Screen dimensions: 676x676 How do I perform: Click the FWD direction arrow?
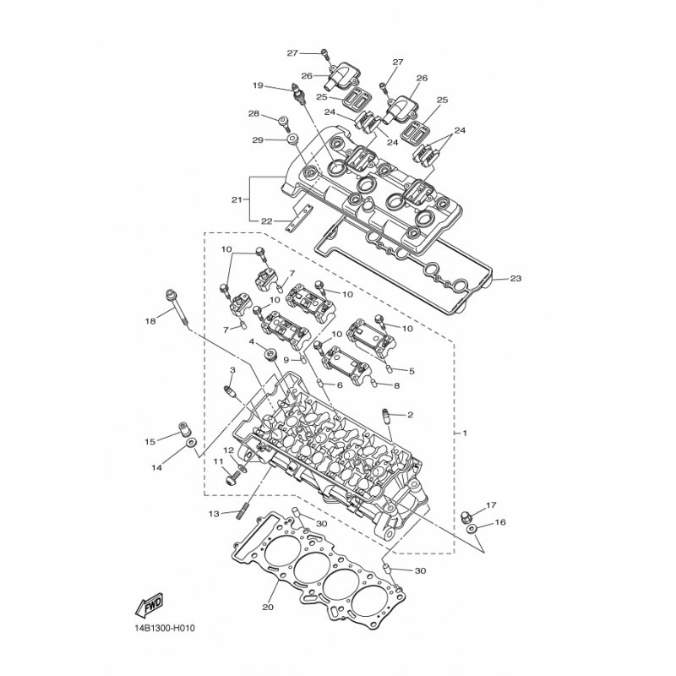148,605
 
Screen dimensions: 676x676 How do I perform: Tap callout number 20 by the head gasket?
268,606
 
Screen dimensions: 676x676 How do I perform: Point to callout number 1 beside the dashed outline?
463,433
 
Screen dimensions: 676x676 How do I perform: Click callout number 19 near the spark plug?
258,85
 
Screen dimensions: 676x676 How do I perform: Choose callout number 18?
150,321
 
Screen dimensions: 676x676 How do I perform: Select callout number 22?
267,221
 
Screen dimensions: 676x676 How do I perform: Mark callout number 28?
253,114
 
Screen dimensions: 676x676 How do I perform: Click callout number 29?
257,139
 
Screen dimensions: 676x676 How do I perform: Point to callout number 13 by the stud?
214,513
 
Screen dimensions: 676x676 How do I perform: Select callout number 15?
150,441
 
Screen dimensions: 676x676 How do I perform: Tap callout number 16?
499,523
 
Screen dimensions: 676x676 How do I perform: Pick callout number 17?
492,506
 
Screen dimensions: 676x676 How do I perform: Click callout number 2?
411,415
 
